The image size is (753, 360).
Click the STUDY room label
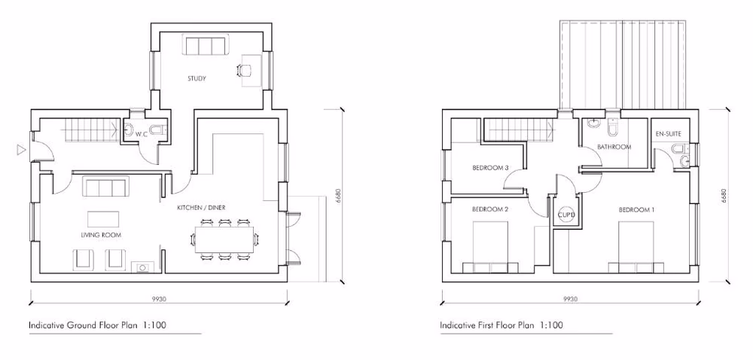(197, 78)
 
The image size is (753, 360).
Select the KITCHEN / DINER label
(201, 207)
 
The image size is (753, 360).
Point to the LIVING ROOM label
(102, 235)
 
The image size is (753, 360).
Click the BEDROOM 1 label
(636, 209)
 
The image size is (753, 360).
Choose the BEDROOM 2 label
(490, 209)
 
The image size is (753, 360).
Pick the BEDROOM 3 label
(491, 167)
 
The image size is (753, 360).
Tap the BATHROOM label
(614, 147)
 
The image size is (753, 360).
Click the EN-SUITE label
(668, 134)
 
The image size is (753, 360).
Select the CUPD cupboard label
(566, 215)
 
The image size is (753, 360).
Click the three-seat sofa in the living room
(104, 187)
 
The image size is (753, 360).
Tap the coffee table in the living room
(105, 218)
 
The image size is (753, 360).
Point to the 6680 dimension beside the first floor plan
(724, 196)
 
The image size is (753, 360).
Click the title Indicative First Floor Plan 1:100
(501, 325)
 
